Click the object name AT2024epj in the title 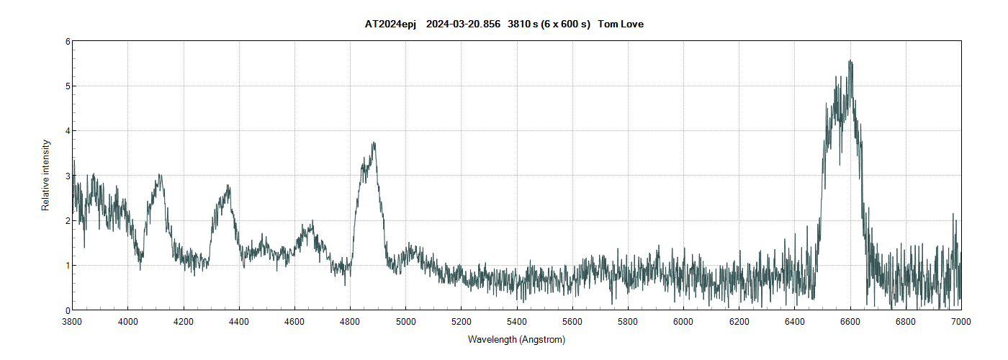[x=390, y=24]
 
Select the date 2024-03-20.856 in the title [x=463, y=24]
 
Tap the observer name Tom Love [x=621, y=24]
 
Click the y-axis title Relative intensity [x=46, y=175]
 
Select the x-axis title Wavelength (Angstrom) [x=516, y=339]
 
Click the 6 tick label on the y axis [x=67, y=42]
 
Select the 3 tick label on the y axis [x=67, y=176]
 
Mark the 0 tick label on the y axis [x=67, y=310]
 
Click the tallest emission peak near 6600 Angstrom [x=850, y=61]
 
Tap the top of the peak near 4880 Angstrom [x=374, y=143]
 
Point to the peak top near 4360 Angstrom [x=228, y=186]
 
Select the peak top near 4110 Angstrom [x=159, y=175]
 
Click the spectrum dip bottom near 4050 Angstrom [x=140, y=269]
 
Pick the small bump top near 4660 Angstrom [x=312, y=222]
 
